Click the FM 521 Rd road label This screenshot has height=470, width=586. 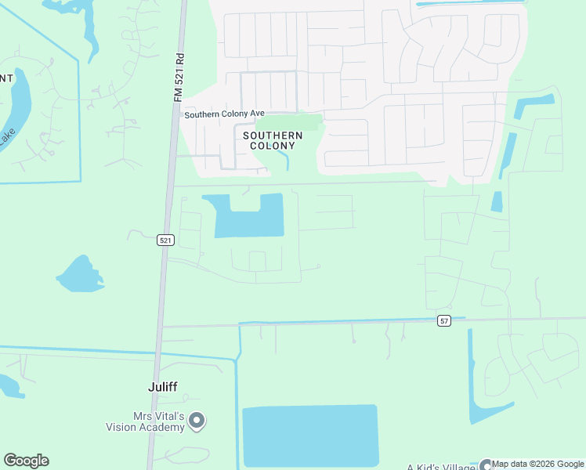point(179,76)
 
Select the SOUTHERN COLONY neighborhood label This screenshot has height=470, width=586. point(273,140)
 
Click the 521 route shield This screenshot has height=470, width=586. point(165,240)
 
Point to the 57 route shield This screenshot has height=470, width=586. point(444,321)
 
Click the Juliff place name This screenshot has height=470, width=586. point(164,386)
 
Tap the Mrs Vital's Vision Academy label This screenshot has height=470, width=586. point(146,422)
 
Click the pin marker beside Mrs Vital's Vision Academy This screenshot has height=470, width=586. point(197,421)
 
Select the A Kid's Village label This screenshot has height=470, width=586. point(442,466)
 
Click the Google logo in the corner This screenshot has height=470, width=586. point(26,461)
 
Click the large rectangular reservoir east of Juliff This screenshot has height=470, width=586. point(310,436)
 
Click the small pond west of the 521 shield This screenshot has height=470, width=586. point(79,274)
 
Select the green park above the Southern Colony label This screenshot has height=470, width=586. point(289,122)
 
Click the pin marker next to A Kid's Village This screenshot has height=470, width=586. point(487,465)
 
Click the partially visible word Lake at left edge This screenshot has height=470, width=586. point(6,138)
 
